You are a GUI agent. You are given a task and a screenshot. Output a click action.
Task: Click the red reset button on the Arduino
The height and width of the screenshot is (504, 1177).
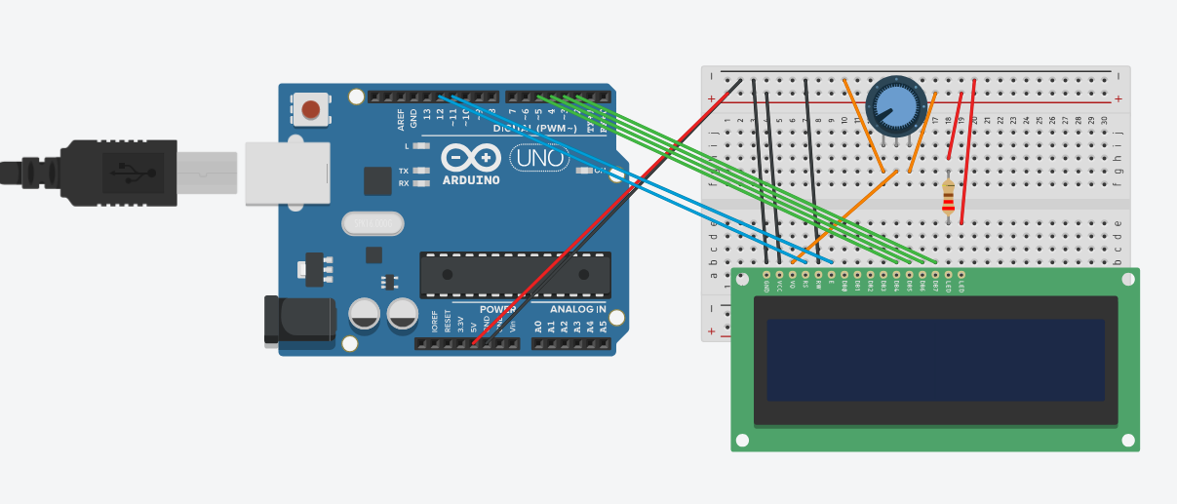tap(311, 109)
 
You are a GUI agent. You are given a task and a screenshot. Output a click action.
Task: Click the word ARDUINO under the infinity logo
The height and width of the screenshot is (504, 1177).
tap(471, 180)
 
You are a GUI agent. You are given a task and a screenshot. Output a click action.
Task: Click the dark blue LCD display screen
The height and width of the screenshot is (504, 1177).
tap(935, 360)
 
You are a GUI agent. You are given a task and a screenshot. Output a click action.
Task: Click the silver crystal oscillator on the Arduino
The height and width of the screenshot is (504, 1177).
tap(373, 224)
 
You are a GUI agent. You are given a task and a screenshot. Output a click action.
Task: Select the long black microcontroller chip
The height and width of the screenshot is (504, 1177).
tap(515, 275)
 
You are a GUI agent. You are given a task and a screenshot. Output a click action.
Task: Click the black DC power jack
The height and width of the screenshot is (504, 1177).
tap(299, 320)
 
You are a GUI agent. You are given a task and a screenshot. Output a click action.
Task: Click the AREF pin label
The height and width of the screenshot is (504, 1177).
tap(401, 120)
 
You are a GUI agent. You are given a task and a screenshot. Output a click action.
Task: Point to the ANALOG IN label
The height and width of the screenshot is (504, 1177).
tap(577, 310)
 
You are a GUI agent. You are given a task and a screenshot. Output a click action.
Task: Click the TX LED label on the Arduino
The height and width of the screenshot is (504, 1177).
tap(404, 171)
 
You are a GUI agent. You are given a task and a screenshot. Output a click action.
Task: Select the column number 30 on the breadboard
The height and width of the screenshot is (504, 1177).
tap(1104, 120)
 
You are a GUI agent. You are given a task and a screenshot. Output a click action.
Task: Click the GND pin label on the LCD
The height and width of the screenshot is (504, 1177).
tap(767, 285)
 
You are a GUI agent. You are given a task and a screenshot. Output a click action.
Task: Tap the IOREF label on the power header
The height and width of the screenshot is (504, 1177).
tap(435, 322)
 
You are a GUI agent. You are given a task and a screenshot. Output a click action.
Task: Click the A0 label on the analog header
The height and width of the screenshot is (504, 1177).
tap(537, 327)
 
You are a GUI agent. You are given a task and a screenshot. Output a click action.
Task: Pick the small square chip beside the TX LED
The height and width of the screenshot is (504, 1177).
tap(377, 180)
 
